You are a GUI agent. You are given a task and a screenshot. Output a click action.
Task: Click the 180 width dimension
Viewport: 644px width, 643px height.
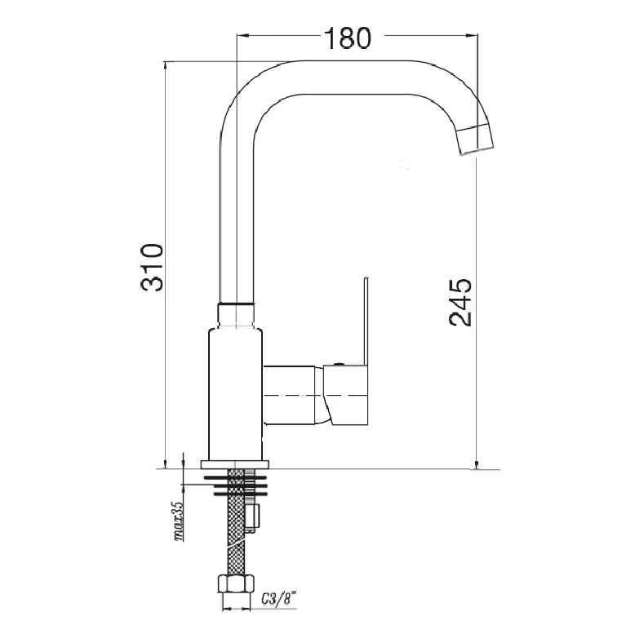(x=348, y=38)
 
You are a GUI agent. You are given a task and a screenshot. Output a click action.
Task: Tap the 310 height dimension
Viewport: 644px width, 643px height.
(x=153, y=268)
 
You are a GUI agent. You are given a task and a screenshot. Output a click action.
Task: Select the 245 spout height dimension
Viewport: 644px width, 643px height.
(x=460, y=303)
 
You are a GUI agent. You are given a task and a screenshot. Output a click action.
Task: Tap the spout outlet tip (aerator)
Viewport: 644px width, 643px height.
(x=475, y=139)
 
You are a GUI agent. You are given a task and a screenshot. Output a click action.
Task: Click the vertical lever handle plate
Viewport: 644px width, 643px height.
(x=366, y=321)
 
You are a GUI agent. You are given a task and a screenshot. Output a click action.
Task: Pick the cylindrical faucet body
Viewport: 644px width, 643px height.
(x=235, y=394)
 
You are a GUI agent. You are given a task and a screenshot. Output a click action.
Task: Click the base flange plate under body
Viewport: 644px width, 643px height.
(x=234, y=464)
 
